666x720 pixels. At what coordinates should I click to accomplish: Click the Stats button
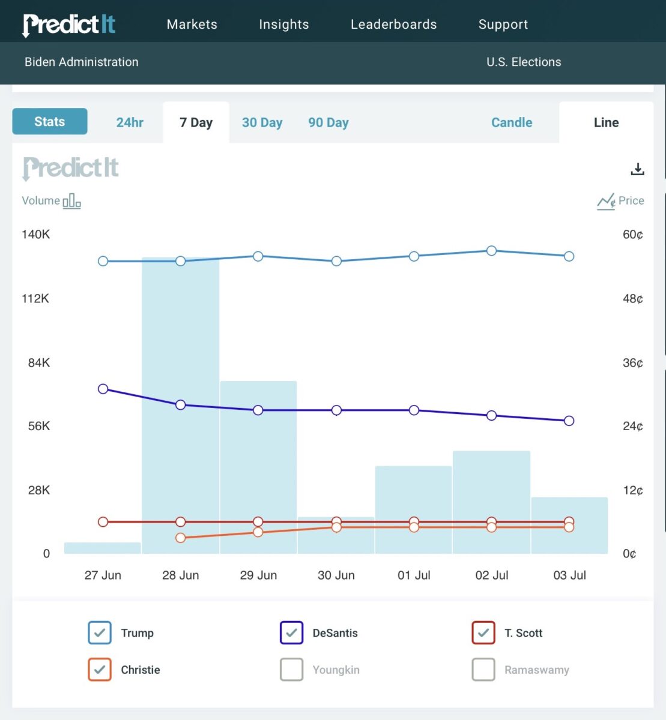click(50, 122)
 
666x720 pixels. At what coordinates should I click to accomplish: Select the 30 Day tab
click(262, 122)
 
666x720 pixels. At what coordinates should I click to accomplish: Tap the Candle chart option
click(512, 122)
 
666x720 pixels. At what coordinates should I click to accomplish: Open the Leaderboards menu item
click(393, 25)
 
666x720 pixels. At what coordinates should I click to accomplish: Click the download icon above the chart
click(637, 169)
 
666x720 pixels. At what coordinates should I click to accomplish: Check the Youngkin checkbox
click(291, 670)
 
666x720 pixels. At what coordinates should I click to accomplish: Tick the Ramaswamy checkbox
click(483, 670)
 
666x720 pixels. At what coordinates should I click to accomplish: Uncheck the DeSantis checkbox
click(291, 633)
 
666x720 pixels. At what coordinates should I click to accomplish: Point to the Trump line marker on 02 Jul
click(491, 251)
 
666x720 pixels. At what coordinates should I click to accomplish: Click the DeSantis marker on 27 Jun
click(103, 389)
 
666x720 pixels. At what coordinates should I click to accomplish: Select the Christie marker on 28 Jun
click(180, 538)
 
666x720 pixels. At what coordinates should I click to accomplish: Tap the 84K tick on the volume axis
click(38, 362)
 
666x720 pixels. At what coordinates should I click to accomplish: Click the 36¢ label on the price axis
click(632, 362)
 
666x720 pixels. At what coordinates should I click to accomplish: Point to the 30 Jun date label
click(336, 575)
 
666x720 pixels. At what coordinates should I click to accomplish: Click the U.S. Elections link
click(524, 62)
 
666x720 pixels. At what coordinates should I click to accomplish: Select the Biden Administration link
click(81, 62)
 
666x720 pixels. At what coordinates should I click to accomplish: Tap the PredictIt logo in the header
click(68, 25)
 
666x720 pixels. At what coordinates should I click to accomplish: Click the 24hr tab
click(130, 122)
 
